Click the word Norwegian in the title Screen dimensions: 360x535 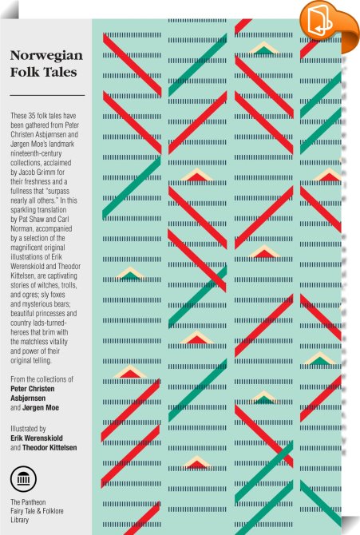[x=46, y=56]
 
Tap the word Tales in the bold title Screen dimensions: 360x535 [x=61, y=72]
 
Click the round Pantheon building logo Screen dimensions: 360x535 [x=23, y=479]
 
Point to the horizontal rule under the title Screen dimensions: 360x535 [x=47, y=95]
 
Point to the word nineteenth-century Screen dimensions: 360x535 [x=36, y=153]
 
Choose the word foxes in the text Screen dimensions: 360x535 [x=57, y=295]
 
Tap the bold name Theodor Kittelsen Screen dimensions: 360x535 [x=49, y=447]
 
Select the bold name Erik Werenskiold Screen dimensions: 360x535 [x=37, y=438]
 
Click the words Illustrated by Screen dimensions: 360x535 [x=28, y=429]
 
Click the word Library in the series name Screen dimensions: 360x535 [x=19, y=520]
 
